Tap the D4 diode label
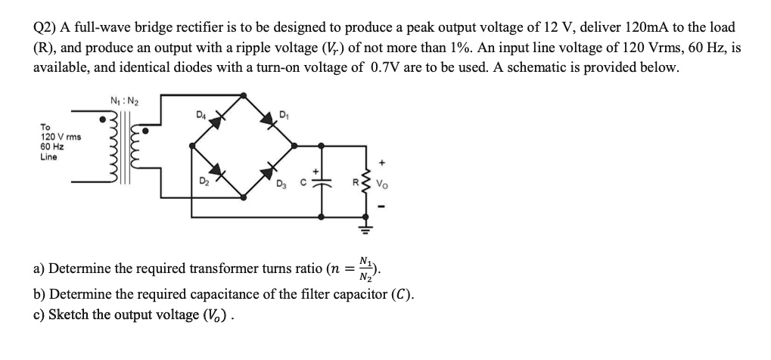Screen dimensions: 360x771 (x=201, y=116)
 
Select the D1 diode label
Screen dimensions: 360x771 (x=284, y=116)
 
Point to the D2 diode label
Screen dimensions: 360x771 (x=203, y=182)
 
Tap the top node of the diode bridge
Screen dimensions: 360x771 (x=243, y=95)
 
